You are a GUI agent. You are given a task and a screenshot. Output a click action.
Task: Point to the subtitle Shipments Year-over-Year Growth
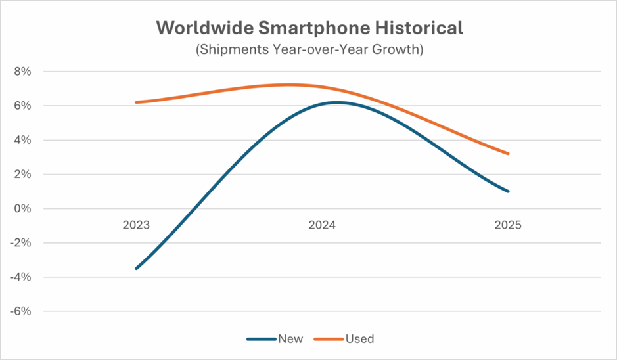[308, 50]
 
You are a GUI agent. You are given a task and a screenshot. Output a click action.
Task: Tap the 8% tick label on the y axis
[22, 72]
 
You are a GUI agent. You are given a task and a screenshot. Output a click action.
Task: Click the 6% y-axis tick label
[22, 106]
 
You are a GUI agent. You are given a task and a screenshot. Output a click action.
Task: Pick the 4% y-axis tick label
[22, 140]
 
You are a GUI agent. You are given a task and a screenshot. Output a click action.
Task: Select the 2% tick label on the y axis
[22, 174]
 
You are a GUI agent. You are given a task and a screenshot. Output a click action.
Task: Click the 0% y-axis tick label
[22, 209]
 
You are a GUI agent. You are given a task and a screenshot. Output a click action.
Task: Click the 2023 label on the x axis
[136, 225]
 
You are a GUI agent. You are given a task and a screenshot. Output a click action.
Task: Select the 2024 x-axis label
[322, 225]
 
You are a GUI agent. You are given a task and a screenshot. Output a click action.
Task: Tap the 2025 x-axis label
[508, 225]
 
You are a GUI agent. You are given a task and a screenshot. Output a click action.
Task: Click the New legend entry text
[291, 339]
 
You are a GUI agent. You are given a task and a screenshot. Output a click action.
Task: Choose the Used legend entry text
[359, 339]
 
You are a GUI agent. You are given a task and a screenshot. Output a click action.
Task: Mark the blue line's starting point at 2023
[136, 269]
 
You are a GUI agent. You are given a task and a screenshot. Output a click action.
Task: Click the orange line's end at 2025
[508, 154]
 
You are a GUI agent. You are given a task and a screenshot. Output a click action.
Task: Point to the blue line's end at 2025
[508, 191]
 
